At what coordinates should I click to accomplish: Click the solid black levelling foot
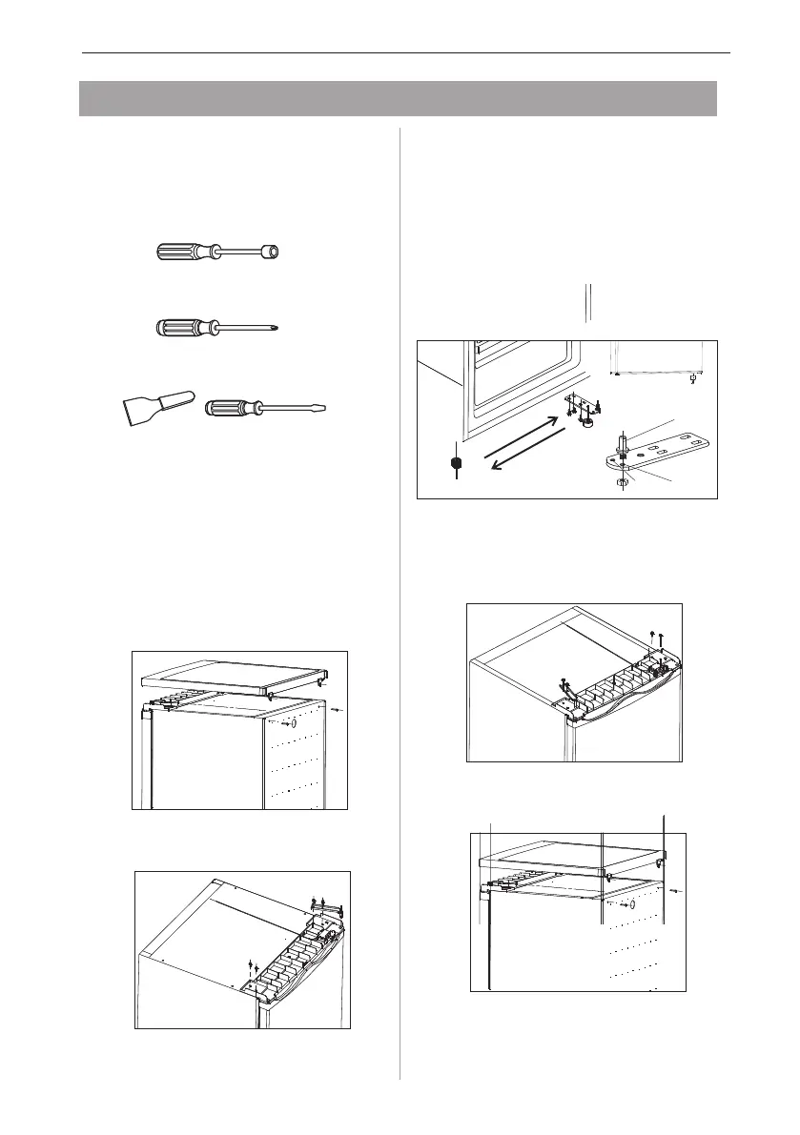457,465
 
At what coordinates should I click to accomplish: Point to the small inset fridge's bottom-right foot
691,378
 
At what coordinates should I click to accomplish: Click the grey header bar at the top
398,98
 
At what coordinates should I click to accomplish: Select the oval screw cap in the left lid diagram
293,723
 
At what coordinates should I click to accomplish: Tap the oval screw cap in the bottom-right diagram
632,902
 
